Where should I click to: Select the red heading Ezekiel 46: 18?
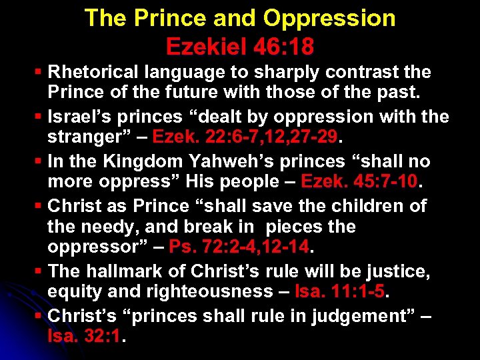[240, 47]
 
